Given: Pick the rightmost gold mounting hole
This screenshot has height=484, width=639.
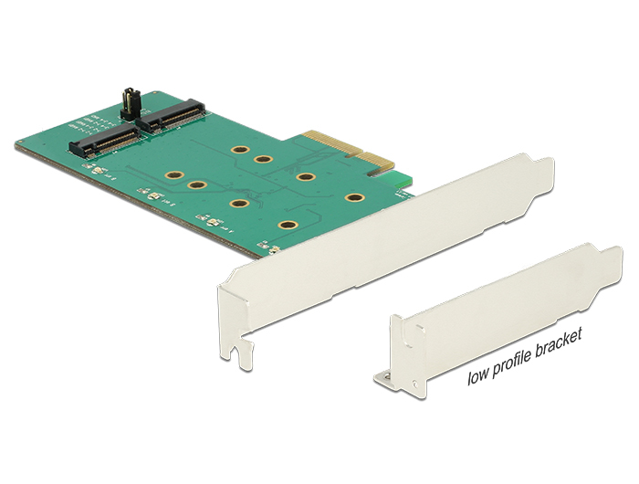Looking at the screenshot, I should tap(352, 197).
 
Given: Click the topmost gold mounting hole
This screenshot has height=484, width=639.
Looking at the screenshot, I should tap(240, 149).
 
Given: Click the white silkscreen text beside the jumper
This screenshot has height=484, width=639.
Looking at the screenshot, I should tap(102, 125).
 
